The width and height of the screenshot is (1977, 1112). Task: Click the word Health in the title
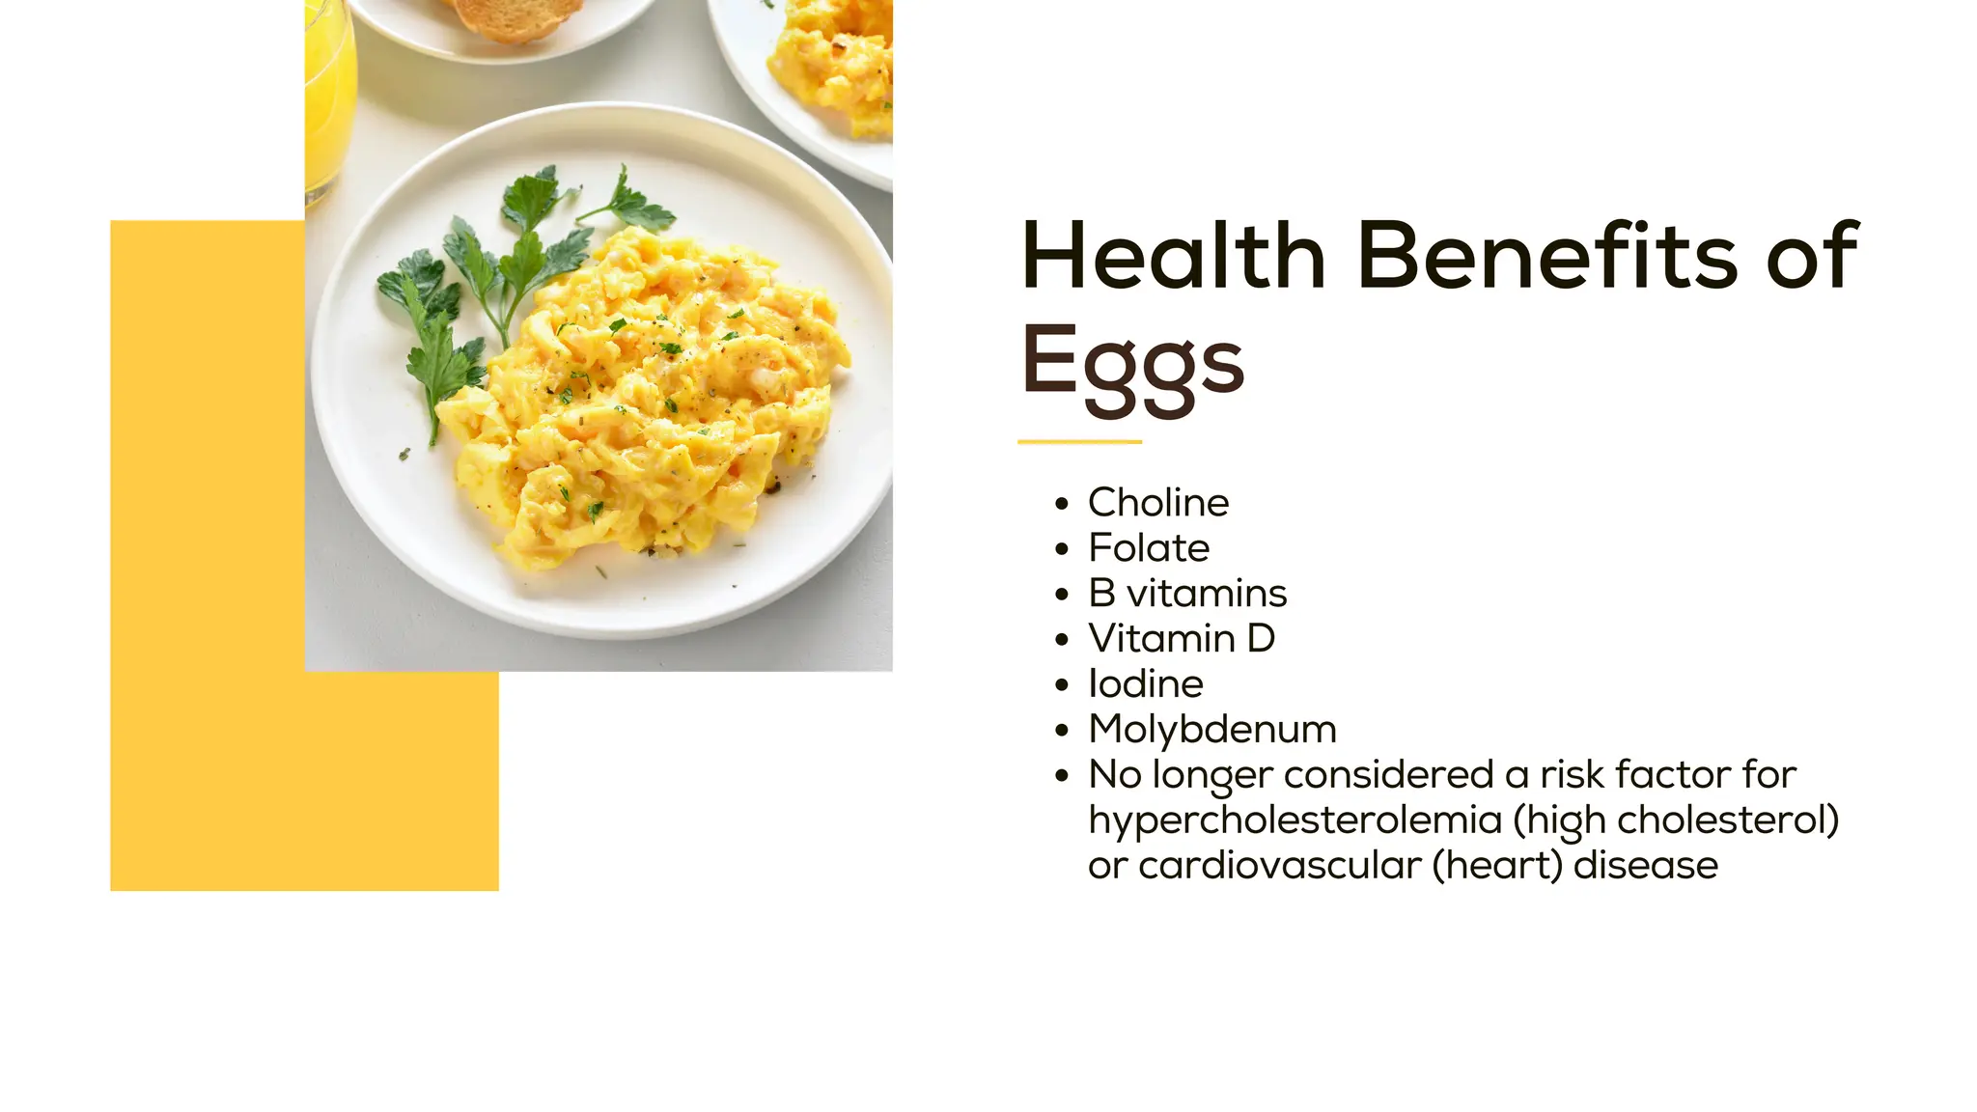[1173, 256]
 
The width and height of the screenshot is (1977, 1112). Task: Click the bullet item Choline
[1158, 503]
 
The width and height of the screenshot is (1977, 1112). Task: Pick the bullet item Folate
[1149, 548]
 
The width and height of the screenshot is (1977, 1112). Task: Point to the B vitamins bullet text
[1187, 594]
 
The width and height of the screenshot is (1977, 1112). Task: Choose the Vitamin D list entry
[1182, 639]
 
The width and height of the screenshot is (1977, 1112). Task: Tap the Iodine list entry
[1146, 684]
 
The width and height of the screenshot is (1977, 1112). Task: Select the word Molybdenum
[1212, 730]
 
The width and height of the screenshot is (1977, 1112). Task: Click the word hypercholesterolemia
[1295, 820]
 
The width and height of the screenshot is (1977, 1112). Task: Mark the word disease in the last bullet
[1645, 866]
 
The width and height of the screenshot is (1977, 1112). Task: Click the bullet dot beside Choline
[1063, 504]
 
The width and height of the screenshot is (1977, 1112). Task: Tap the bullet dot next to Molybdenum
[1063, 731]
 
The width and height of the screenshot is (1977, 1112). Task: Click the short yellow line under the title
[1079, 442]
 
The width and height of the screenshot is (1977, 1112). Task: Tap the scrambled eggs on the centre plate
[647, 405]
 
